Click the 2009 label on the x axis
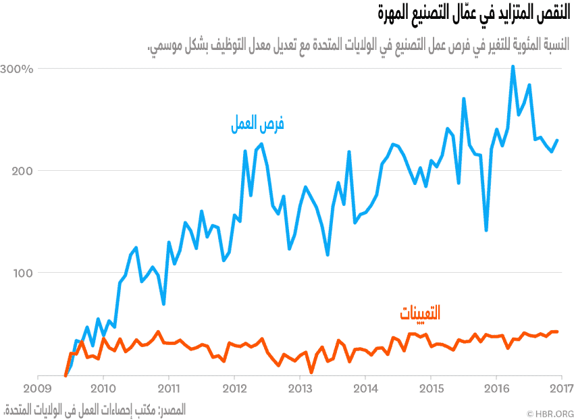(x=36, y=389)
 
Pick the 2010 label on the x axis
(x=103, y=389)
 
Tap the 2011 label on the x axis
(x=168, y=389)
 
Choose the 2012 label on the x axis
(x=234, y=389)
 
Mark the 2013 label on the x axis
(x=299, y=389)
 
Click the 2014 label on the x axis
(x=365, y=389)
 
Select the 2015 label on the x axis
(x=430, y=389)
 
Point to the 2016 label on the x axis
(x=496, y=389)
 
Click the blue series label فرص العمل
(x=258, y=124)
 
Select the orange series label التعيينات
(x=419, y=313)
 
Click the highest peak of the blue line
(x=513, y=66)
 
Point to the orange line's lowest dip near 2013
(x=311, y=372)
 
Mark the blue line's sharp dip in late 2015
(x=486, y=230)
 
